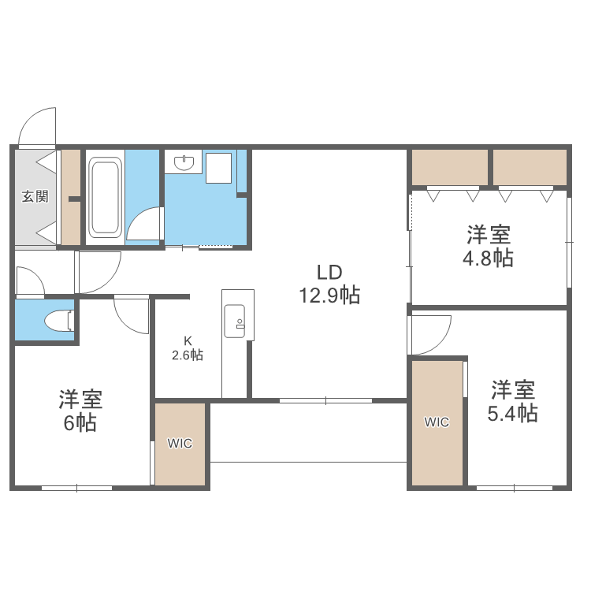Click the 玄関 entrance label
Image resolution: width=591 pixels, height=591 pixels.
tap(35, 196)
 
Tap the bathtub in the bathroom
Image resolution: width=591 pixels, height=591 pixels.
tap(105, 197)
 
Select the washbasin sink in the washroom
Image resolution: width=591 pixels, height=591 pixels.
tap(185, 163)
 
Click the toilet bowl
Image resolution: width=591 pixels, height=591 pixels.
tap(57, 322)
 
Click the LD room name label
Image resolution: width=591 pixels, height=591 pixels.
tap(329, 273)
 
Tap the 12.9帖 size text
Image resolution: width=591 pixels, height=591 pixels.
tap(329, 296)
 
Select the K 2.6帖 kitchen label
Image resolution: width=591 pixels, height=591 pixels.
tap(188, 348)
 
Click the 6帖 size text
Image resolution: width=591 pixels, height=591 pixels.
tap(80, 423)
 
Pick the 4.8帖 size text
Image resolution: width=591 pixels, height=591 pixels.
tap(489, 258)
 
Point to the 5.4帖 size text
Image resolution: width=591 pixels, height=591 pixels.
tap(513, 413)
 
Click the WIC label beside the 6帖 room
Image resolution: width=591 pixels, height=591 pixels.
tap(180, 444)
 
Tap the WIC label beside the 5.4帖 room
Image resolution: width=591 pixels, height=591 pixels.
tap(437, 422)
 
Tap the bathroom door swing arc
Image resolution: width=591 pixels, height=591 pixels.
tap(144, 225)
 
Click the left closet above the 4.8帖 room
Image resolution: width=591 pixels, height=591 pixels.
tap(450, 166)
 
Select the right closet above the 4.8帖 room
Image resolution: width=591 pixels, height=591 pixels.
tap(530, 166)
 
